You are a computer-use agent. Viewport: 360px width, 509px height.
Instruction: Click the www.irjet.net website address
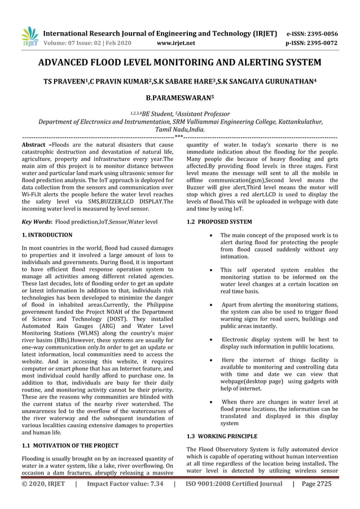pos(178,42)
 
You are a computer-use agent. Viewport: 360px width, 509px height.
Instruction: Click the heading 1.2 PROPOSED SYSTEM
pos(219,222)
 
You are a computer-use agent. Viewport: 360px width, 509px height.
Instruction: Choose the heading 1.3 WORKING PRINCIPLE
pos(221,436)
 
